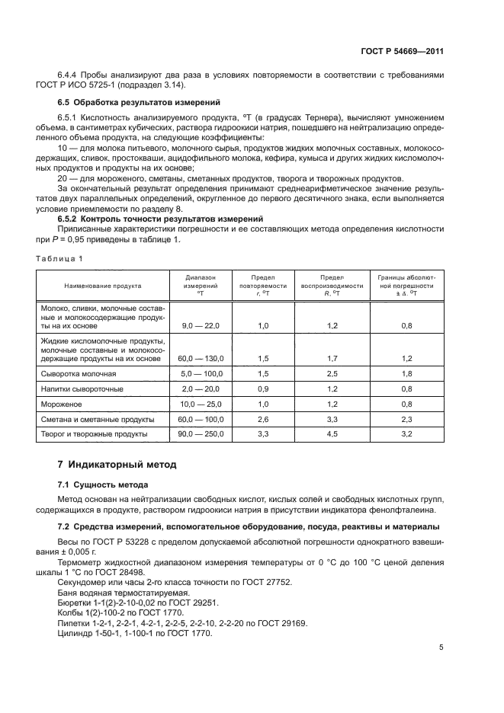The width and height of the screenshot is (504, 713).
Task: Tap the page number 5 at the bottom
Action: tap(441, 647)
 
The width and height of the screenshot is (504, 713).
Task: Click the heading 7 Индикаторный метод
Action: tap(117, 464)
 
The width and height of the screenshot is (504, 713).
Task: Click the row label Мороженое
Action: tap(63, 404)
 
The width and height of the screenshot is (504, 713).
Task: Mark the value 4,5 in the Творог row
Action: tap(331, 434)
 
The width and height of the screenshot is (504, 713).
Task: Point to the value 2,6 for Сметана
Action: tap(264, 419)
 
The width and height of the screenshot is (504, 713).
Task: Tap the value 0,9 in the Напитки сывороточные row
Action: tap(264, 389)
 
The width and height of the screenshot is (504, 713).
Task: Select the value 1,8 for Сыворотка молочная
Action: tap(406, 374)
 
